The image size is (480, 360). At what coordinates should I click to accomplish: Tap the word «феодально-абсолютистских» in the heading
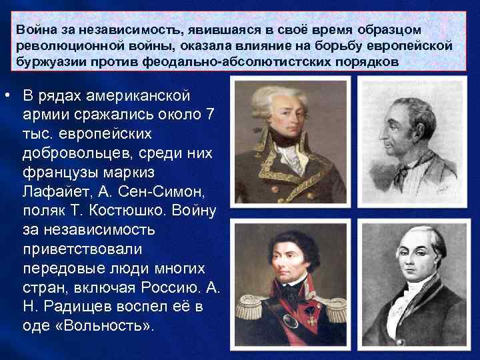[x=211, y=61]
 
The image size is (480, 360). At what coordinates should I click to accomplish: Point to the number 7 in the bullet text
[x=210, y=115]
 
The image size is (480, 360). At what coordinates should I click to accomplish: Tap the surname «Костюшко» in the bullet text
[x=133, y=211]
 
